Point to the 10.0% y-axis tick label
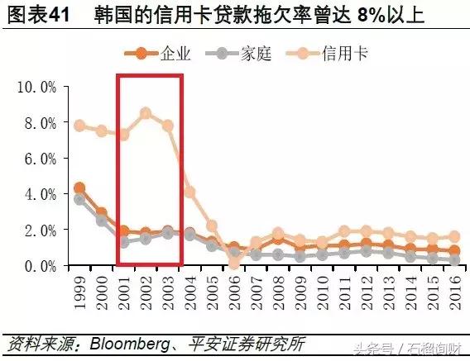pos(36,87)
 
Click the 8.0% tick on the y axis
pos(40,122)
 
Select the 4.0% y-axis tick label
pos(40,194)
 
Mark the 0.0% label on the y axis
pos(40,266)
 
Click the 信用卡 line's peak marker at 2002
pos(146,113)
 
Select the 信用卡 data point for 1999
pos(79,126)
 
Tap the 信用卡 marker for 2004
pos(189,192)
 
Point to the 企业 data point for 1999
pos(79,188)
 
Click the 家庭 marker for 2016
pos(453,260)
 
